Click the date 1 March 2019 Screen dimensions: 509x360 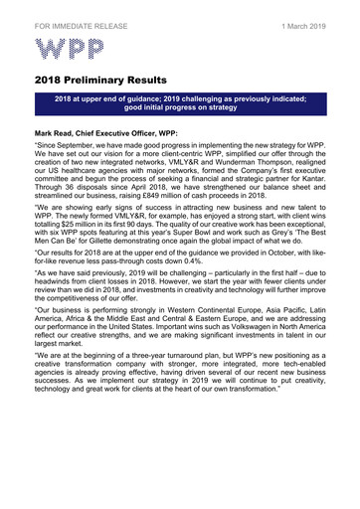tap(305, 13)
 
